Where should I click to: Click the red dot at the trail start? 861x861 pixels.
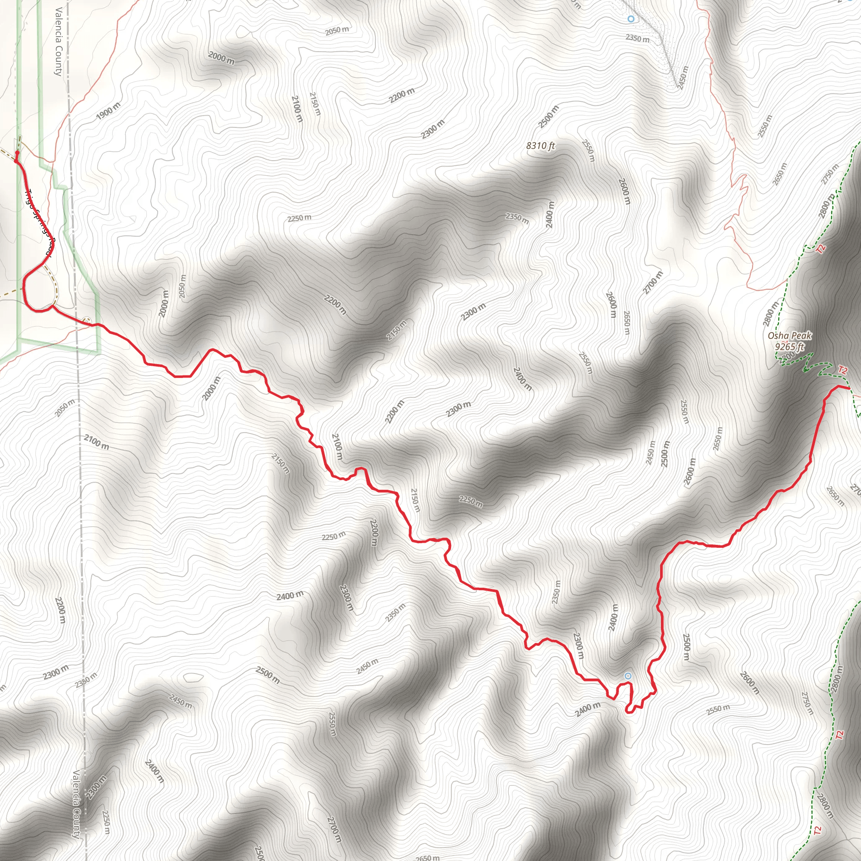(17, 153)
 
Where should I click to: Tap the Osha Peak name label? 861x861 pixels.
(789, 335)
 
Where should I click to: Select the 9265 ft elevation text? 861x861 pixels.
(789, 346)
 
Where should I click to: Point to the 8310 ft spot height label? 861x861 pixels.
(541, 146)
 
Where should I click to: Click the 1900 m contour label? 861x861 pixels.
(108, 111)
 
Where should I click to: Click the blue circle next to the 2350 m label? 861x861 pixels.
(631, 19)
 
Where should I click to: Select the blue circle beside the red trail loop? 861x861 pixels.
(628, 676)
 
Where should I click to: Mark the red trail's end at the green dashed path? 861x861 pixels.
(848, 388)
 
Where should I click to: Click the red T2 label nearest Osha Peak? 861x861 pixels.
(842, 370)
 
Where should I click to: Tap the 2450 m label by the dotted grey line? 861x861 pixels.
(682, 78)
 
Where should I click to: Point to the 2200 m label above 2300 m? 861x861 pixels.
(401, 95)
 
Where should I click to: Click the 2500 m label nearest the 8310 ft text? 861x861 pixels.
(548, 117)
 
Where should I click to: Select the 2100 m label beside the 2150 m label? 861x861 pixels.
(297, 109)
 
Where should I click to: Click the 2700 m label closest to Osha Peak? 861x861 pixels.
(653, 282)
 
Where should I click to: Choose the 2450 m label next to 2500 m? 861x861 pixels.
(651, 452)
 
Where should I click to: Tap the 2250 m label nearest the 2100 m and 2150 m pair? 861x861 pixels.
(299, 218)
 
